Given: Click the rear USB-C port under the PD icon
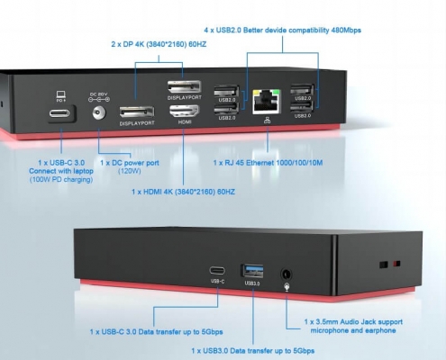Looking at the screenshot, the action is pyautogui.click(x=59, y=113).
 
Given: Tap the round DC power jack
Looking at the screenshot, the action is pyautogui.click(x=99, y=113).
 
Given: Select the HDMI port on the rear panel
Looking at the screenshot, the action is pyautogui.click(x=185, y=112).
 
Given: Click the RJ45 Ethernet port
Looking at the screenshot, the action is pyautogui.click(x=267, y=102).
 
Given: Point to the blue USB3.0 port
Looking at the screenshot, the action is pyautogui.click(x=252, y=271).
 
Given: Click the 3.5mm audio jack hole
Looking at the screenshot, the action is pyautogui.click(x=286, y=274).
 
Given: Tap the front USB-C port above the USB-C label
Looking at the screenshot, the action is pyautogui.click(x=217, y=271).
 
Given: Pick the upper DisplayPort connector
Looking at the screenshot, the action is pyautogui.click(x=184, y=87).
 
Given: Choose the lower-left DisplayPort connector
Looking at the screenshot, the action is pyautogui.click(x=137, y=112).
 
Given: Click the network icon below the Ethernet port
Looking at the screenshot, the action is pyautogui.click(x=267, y=121).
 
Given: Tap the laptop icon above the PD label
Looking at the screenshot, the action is pyautogui.click(x=61, y=94).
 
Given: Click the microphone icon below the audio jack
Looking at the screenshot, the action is pyautogui.click(x=287, y=287).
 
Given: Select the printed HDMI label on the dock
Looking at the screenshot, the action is pyautogui.click(x=185, y=122).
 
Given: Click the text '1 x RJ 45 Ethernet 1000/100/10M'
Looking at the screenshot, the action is pyautogui.click(x=268, y=163).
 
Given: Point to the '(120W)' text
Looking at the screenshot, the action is pyautogui.click(x=130, y=171).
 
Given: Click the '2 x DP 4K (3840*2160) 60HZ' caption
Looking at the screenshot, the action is pyautogui.click(x=159, y=44).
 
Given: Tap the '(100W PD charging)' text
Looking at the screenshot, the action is pyautogui.click(x=61, y=180).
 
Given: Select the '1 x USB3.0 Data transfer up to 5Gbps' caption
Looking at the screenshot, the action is pyautogui.click(x=253, y=351).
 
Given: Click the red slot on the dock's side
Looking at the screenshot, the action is pyautogui.click(x=396, y=264).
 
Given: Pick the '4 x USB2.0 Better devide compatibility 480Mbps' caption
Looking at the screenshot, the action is pyautogui.click(x=282, y=31).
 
